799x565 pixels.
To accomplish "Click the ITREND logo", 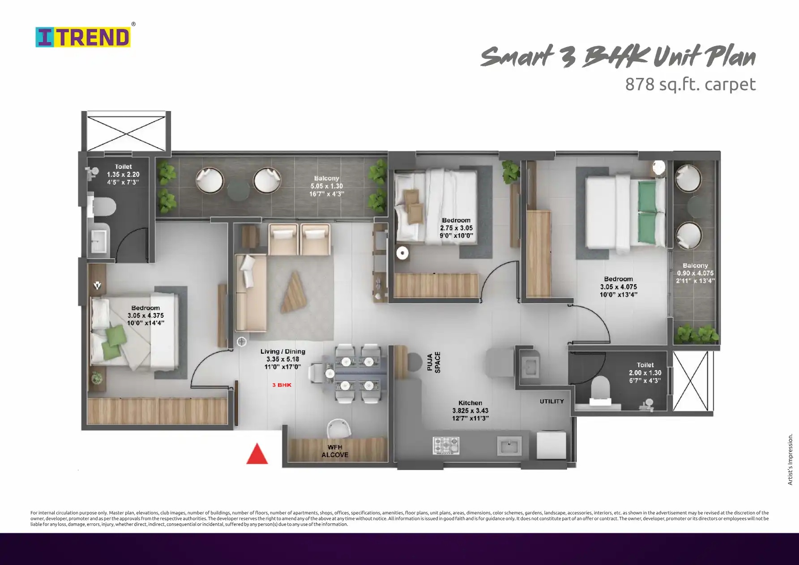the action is click(83, 37).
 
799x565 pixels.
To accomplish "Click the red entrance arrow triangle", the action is click(257, 454).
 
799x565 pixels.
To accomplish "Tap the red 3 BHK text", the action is click(282, 385).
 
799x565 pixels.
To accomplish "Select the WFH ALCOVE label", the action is click(335, 451).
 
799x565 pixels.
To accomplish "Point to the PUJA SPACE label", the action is click(434, 362).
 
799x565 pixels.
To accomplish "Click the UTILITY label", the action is click(552, 401).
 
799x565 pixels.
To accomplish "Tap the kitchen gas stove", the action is click(446, 445).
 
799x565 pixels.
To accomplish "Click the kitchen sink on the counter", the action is click(509, 446).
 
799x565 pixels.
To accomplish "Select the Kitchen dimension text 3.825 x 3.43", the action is click(470, 411).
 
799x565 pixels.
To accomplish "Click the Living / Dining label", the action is click(283, 351).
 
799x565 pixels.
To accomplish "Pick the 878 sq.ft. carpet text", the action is click(690, 84).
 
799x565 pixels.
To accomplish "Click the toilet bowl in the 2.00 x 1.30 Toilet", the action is click(601, 388).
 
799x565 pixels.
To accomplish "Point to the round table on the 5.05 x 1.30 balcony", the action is click(238, 190).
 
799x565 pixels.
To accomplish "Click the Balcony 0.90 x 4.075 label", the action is click(695, 273).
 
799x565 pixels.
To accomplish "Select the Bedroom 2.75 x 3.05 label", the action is click(456, 228).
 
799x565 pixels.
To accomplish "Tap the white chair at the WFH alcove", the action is click(338, 428).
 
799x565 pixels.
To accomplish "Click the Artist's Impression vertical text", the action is click(790, 459).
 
